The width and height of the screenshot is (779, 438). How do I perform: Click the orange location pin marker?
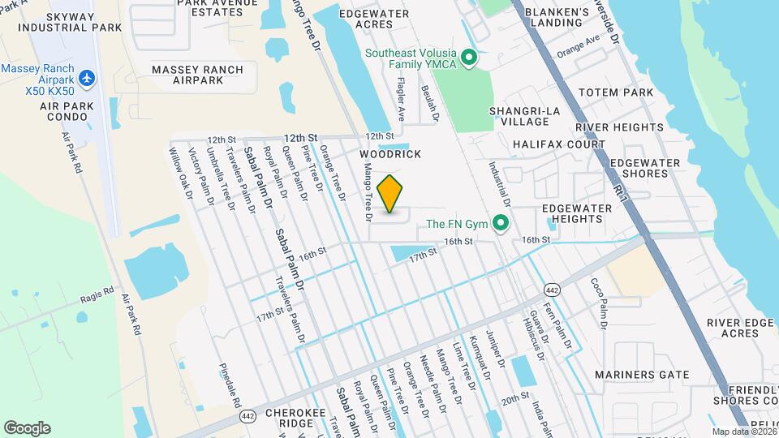coord(390,194)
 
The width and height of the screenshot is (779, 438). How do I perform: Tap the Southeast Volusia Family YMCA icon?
coord(467,58)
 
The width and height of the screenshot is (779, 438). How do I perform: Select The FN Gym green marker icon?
coord(501,222)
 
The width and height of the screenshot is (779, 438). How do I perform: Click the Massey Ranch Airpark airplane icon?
coord(88,78)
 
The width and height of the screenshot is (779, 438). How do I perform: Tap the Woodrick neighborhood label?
coord(390,153)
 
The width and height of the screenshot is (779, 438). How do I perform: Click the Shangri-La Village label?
coord(519,115)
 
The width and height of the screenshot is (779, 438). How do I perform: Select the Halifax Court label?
coord(559,144)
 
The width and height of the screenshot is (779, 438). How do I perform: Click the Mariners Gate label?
coord(641,375)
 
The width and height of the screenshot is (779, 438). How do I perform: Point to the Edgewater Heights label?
coord(576,214)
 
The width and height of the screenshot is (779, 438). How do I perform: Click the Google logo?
coord(28,427)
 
